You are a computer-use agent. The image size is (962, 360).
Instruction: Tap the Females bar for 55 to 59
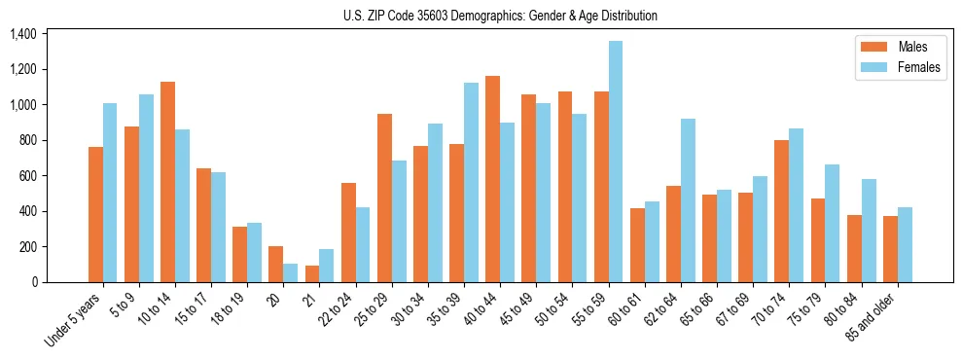[x=616, y=162]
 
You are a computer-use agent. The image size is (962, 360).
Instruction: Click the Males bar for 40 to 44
[x=493, y=179]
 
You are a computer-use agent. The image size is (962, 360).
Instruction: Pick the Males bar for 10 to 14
[x=167, y=182]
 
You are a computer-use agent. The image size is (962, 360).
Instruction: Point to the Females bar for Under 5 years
[x=110, y=193]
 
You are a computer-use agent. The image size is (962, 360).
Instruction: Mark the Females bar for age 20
[x=291, y=272]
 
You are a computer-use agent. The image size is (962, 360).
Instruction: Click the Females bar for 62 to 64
[x=688, y=200]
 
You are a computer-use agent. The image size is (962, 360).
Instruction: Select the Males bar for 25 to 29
[x=384, y=198]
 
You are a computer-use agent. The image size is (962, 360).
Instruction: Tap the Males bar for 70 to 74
[x=782, y=211]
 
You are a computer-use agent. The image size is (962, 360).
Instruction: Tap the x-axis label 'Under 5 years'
[x=73, y=322]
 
